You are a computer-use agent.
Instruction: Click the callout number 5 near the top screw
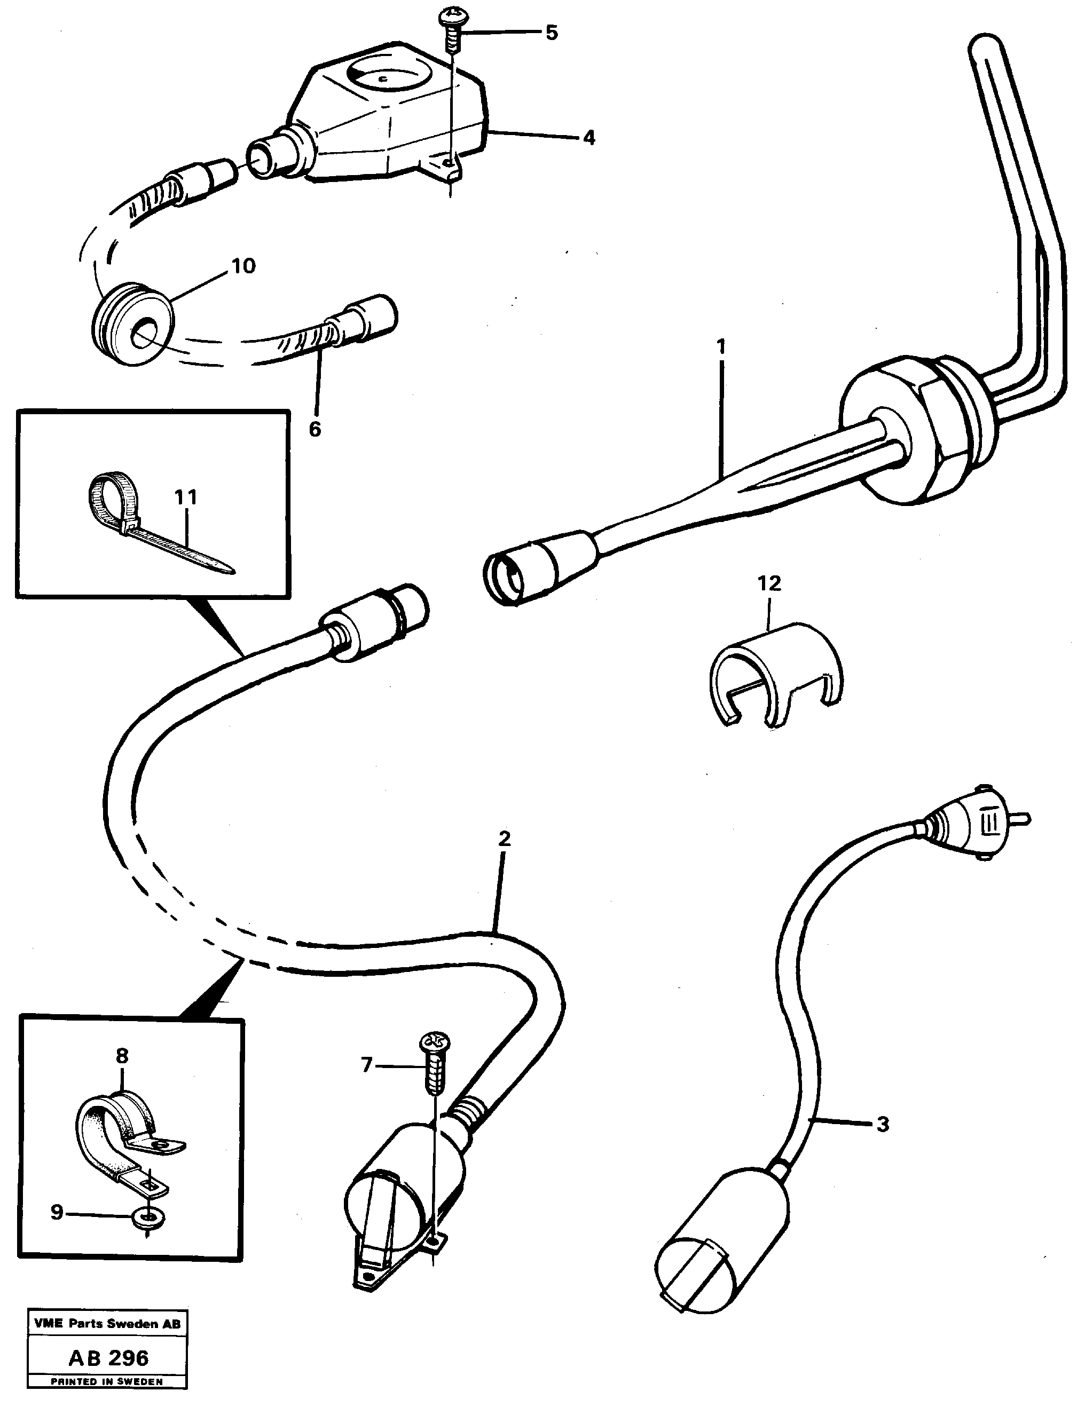pos(552,33)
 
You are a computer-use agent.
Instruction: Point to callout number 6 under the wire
pos(314,429)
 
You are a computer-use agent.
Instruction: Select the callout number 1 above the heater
pos(721,346)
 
